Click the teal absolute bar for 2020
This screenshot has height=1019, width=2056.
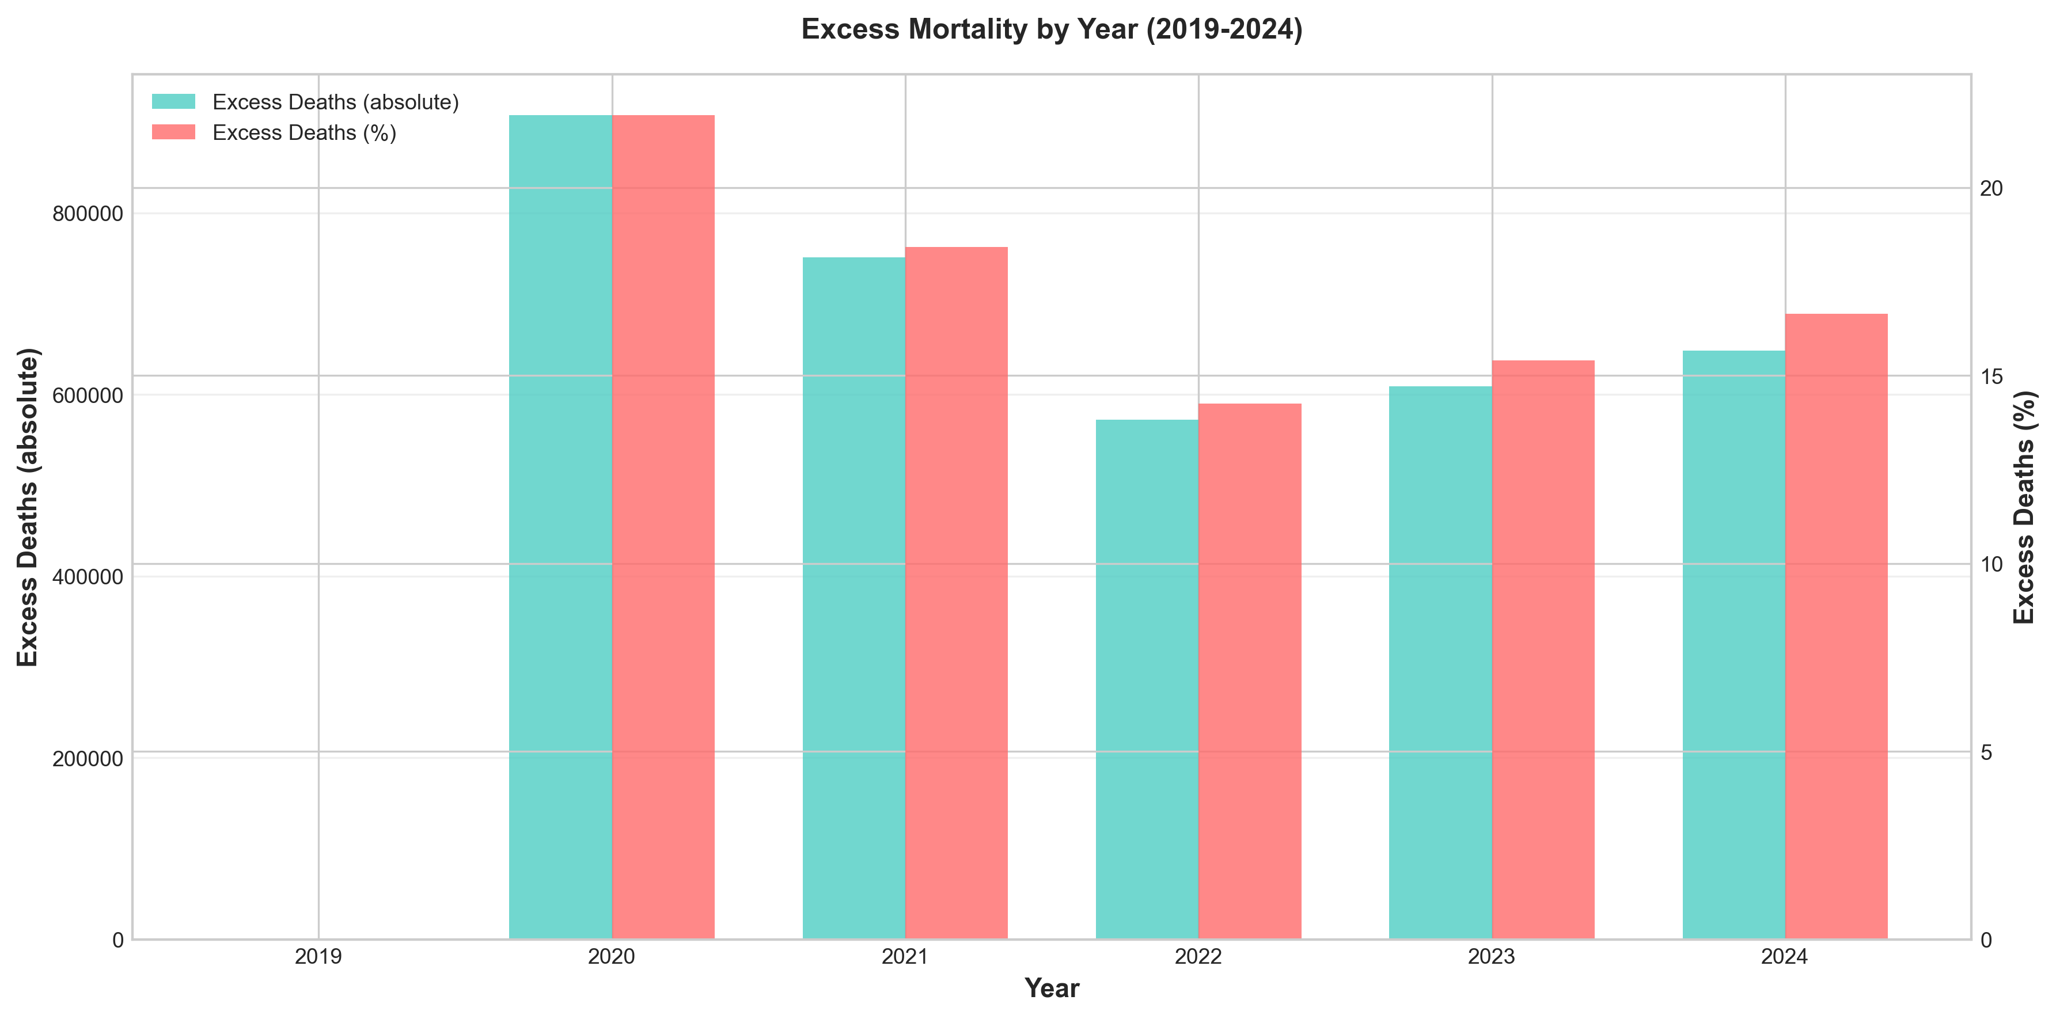560,527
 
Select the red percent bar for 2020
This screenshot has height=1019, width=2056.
663,527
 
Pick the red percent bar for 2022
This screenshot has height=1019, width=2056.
1250,670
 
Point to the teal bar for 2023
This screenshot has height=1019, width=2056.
1440,662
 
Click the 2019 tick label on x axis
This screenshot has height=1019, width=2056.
318,957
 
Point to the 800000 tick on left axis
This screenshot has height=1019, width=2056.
88,214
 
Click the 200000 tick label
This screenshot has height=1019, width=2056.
88,758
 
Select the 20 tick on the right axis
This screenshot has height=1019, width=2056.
1992,188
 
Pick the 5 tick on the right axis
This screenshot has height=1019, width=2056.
1987,752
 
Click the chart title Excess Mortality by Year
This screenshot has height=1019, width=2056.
1052,29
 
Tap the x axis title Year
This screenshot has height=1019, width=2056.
1052,988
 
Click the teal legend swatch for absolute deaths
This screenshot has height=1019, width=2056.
173,102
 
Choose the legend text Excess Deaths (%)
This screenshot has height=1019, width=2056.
304,132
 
